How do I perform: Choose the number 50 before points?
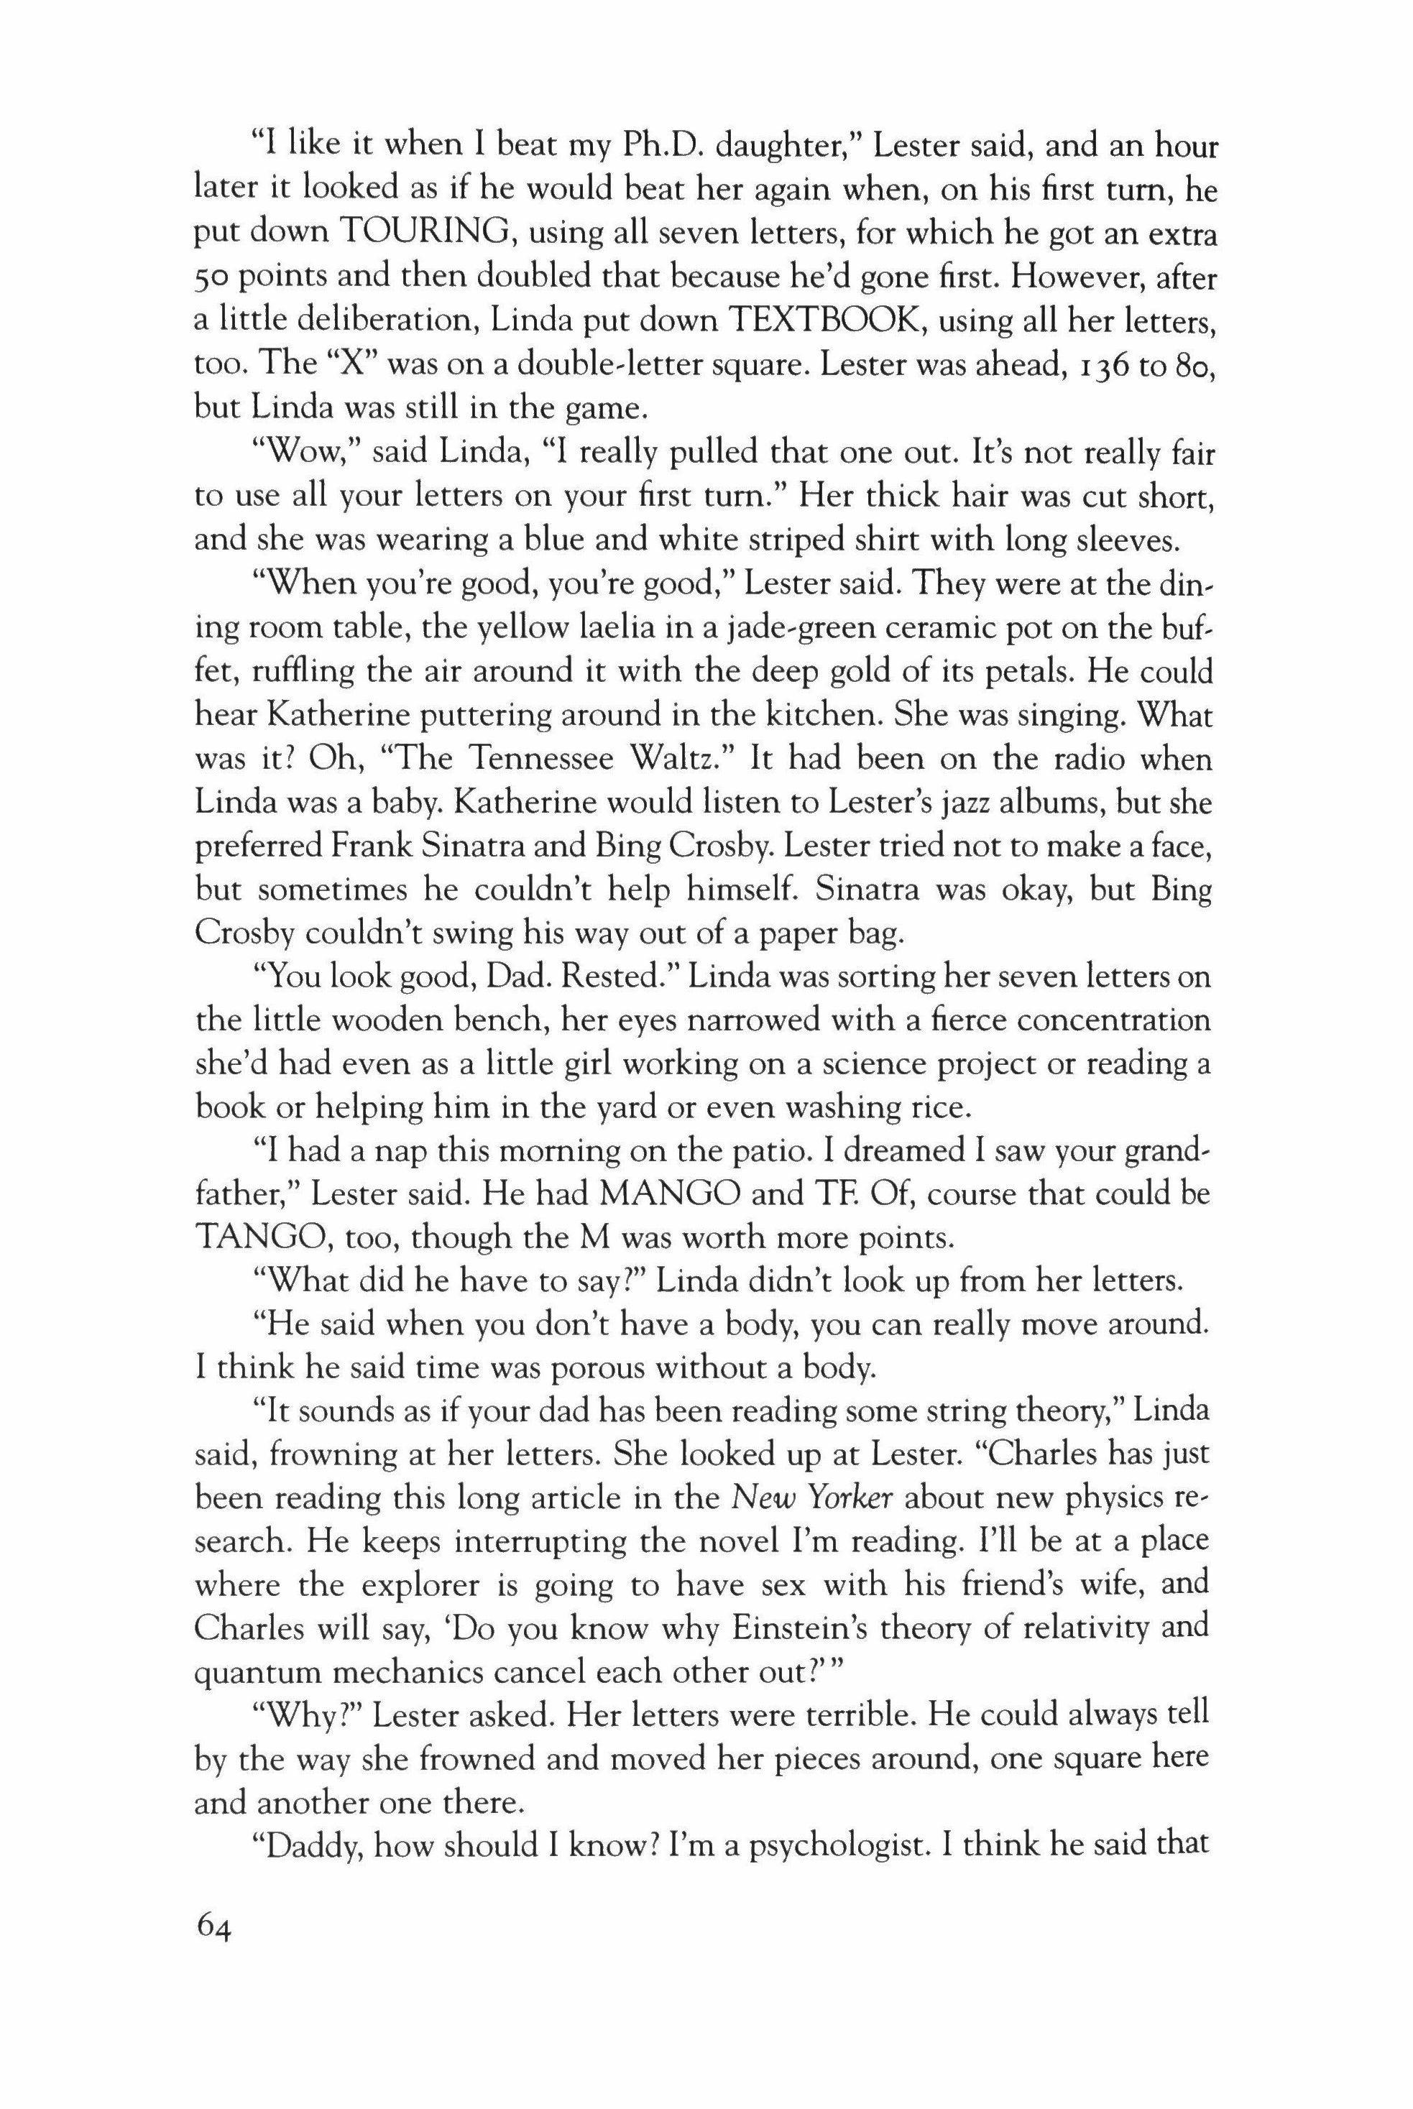point(213,280)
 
